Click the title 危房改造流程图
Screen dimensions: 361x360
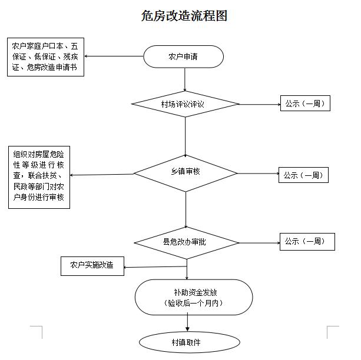(184, 16)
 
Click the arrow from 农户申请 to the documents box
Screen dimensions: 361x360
(114, 56)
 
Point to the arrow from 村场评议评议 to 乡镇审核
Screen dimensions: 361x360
(185, 137)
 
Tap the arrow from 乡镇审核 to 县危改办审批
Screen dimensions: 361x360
(186, 210)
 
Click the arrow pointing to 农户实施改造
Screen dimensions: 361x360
(155, 267)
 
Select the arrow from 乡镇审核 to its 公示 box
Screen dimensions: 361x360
(258, 174)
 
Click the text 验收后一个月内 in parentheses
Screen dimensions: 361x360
(193, 303)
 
